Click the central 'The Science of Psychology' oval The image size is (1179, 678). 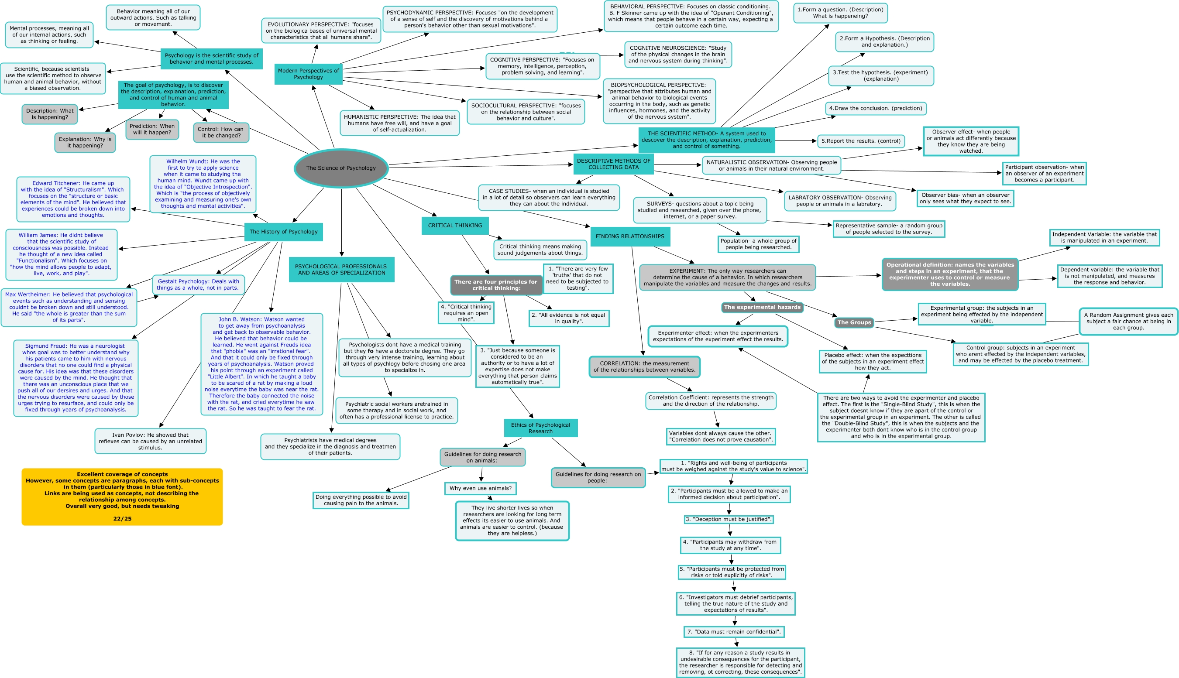(x=341, y=168)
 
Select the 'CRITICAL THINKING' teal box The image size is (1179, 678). (x=455, y=226)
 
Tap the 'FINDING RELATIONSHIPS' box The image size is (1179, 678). (x=630, y=236)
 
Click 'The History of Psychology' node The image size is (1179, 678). (x=283, y=232)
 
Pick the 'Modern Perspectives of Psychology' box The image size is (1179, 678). (x=308, y=74)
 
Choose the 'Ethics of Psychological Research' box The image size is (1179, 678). (x=540, y=428)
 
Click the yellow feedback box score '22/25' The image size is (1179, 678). (x=122, y=519)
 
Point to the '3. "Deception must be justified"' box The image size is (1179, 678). (x=729, y=519)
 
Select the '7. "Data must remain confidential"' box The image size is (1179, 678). (x=734, y=632)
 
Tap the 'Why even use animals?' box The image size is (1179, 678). (x=480, y=489)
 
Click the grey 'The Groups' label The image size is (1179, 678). (x=854, y=322)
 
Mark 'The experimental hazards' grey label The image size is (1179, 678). (x=762, y=307)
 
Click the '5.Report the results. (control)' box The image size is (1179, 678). (x=861, y=141)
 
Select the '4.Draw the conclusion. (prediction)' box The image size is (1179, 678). (x=875, y=109)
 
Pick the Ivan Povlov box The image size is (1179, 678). (x=150, y=442)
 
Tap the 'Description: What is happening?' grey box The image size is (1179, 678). (x=50, y=114)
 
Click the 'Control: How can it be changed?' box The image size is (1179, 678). (x=221, y=133)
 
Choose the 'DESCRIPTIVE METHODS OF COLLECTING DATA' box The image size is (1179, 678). (x=613, y=164)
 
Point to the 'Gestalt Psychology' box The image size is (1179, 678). (x=198, y=284)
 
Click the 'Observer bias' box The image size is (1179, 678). (x=965, y=199)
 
